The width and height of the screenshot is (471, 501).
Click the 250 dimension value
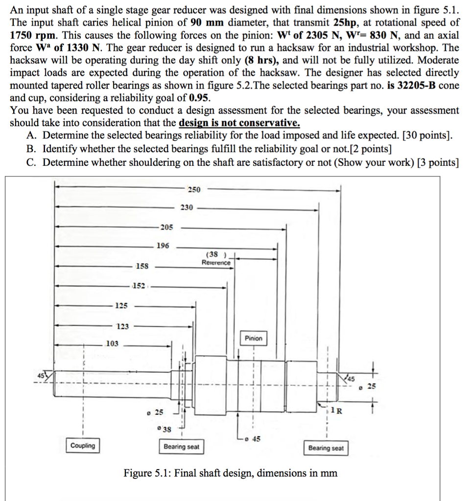[x=194, y=189]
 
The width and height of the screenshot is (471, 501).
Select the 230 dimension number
[x=187, y=208]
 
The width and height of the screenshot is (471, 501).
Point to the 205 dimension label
[x=166, y=227]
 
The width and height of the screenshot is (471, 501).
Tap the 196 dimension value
[x=163, y=246]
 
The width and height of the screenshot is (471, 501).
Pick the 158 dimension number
[x=142, y=267]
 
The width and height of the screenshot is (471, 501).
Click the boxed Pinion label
[x=254, y=339]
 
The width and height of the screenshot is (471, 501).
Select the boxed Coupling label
[x=83, y=446]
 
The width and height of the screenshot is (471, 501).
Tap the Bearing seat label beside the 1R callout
[x=326, y=448]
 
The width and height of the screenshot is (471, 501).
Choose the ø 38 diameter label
[x=165, y=429]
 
